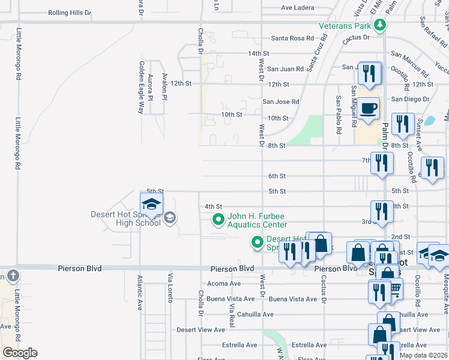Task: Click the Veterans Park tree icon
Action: click(379, 25)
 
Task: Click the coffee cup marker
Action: click(369, 109)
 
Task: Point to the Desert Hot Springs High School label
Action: click(126, 218)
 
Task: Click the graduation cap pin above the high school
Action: click(151, 204)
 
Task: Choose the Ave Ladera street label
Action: click(298, 8)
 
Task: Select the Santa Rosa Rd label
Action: click(292, 38)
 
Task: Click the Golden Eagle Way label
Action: click(142, 88)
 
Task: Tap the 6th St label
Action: click(277, 176)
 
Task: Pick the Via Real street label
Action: click(231, 315)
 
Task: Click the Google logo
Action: click(20, 353)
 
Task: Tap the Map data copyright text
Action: click(424, 355)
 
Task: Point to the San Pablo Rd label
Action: click(339, 114)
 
